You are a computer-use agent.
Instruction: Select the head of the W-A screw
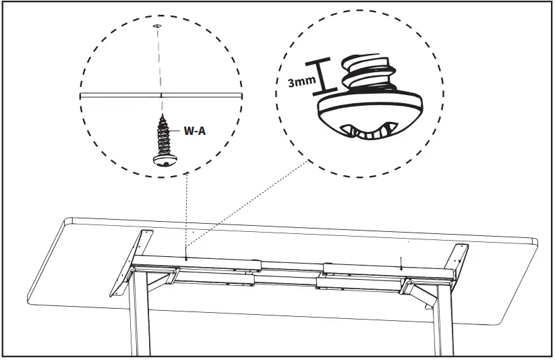pos(163,158)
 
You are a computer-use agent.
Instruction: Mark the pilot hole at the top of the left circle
pos(156,25)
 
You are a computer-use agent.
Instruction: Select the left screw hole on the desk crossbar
pos(185,257)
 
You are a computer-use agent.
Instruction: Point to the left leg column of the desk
pos(140,317)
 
